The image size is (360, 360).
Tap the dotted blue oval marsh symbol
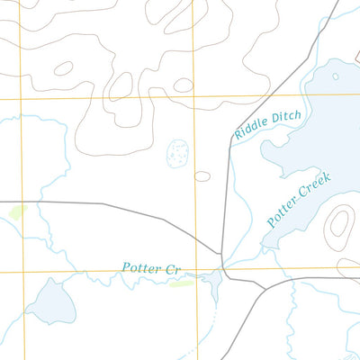[x=179, y=153]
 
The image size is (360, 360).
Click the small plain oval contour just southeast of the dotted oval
[x=202, y=175]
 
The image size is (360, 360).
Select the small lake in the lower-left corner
[x=49, y=301]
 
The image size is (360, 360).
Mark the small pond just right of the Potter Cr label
[x=214, y=283]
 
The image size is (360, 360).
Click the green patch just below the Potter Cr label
[x=181, y=283]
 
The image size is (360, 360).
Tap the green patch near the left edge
[x=17, y=212]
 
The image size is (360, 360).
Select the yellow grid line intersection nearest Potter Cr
[x=194, y=270]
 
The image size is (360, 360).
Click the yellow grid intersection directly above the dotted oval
[x=194, y=96]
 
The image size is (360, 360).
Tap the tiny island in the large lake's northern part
[x=336, y=76]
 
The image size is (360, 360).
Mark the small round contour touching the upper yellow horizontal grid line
[x=184, y=85]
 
